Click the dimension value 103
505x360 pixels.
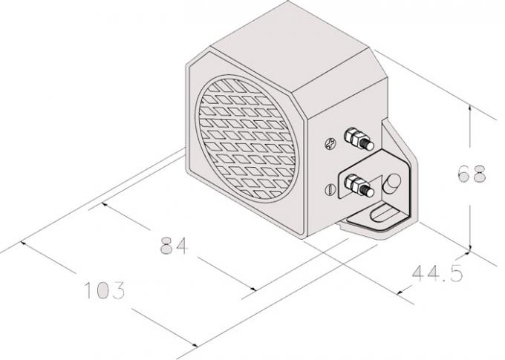(x=102, y=289)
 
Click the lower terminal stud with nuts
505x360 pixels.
(x=357, y=183)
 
